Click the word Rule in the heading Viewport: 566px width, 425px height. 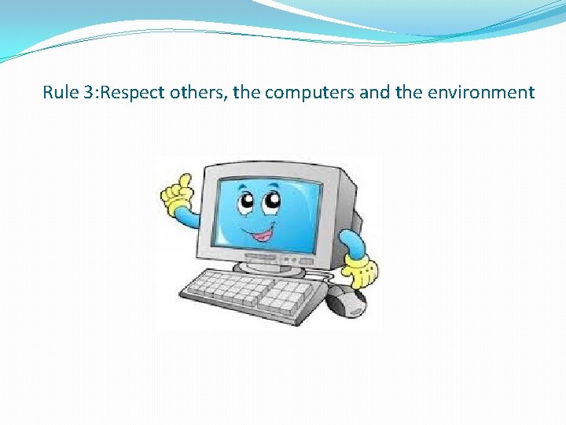[x=60, y=93]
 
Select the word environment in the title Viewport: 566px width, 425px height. [x=481, y=93]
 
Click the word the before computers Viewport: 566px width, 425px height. [x=246, y=93]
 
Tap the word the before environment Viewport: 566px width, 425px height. [x=409, y=93]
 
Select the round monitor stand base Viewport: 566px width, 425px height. [x=270, y=268]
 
